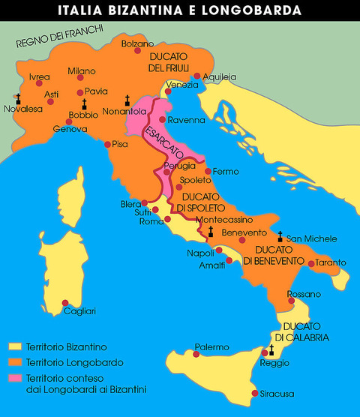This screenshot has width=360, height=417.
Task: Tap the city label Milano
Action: click(x=82, y=71)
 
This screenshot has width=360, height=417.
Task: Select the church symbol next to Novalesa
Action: click(x=18, y=97)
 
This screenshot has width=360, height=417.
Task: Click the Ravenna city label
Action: click(x=187, y=120)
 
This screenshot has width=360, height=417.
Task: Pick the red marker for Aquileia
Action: click(x=196, y=76)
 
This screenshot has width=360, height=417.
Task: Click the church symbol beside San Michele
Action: click(x=280, y=235)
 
